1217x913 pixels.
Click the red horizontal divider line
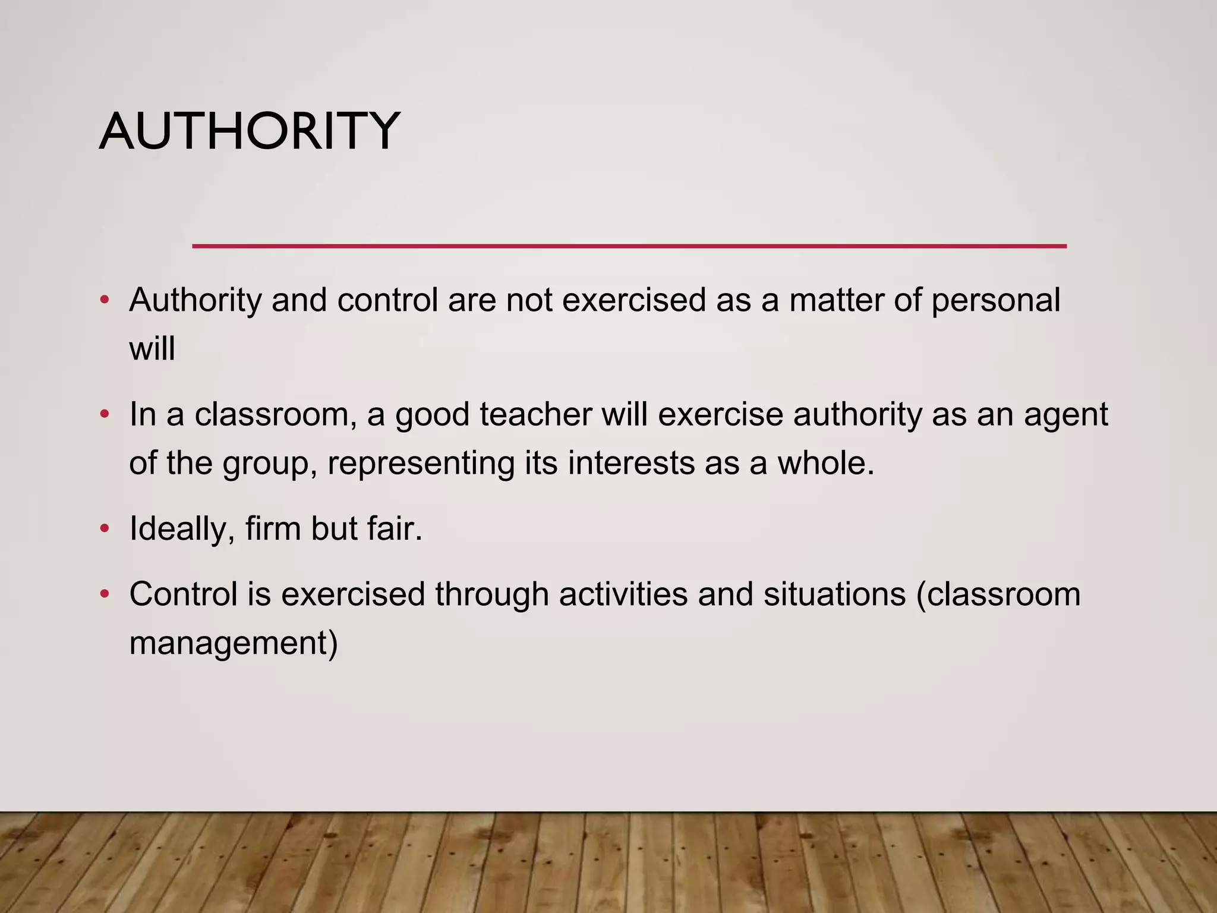click(629, 245)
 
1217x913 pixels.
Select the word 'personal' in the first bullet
click(995, 300)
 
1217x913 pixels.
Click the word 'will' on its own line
click(152, 348)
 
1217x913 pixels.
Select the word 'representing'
click(421, 464)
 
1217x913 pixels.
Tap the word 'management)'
click(234, 644)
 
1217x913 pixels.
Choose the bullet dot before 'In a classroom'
click(105, 414)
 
